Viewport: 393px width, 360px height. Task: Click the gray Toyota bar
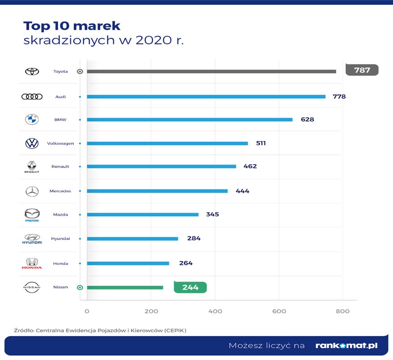211,71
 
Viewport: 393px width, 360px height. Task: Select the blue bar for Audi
206,97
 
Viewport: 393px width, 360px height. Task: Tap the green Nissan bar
125,287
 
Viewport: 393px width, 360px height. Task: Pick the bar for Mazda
143,214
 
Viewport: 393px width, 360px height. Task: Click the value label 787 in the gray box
362,70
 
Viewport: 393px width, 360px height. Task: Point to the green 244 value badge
190,287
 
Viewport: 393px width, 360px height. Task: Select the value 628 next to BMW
307,119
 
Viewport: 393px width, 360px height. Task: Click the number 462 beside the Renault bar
250,166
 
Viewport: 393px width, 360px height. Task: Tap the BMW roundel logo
32,119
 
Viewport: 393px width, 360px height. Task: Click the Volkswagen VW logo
32,143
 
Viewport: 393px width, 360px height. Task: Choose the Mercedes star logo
32,191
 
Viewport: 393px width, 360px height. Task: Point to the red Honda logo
32,264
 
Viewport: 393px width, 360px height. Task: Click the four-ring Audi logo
32,97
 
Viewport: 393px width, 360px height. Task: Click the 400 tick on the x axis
215,311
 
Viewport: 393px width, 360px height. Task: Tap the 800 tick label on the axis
343,311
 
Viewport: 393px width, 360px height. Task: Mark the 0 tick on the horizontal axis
87,311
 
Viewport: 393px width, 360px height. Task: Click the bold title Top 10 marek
72,25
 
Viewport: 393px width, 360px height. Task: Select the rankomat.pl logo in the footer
346,345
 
